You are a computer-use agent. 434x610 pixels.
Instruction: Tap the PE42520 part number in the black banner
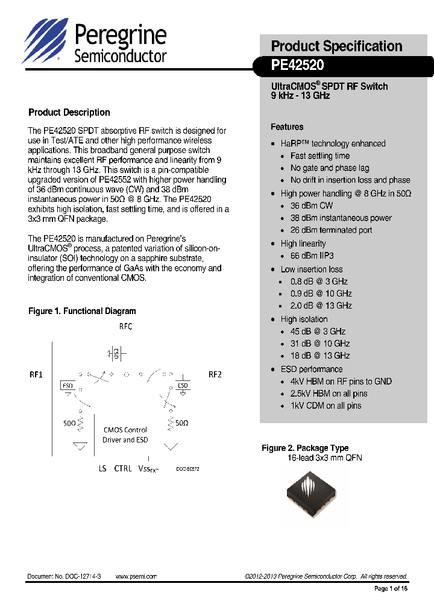coord(298,65)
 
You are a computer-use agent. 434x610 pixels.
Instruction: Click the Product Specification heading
coord(336,46)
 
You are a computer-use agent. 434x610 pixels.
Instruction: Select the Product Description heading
coord(69,112)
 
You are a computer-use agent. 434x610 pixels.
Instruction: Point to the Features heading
coord(287,127)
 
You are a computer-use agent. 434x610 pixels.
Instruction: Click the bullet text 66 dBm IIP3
coord(312,256)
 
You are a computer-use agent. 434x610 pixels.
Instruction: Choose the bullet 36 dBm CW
coord(312,206)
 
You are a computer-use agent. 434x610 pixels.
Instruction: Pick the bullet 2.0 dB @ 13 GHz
coord(321,306)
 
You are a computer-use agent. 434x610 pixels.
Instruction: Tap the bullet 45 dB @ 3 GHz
coord(318,332)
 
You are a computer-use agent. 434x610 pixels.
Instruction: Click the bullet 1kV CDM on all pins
coord(325,406)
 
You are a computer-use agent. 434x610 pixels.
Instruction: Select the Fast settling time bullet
coord(320,156)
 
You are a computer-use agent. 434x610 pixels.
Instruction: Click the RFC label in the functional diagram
coord(125,326)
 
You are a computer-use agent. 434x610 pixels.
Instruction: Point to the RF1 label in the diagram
coord(36,374)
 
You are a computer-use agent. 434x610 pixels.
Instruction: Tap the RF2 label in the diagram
coord(215,374)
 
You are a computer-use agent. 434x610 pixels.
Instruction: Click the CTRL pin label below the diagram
coord(123,468)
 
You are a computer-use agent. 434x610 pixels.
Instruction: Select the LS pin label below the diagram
coord(102,468)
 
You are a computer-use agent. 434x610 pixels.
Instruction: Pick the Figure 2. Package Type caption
coord(305,448)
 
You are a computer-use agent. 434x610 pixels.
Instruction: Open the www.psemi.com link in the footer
coord(136,576)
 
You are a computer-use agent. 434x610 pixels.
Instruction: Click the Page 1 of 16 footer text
coord(391,588)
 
